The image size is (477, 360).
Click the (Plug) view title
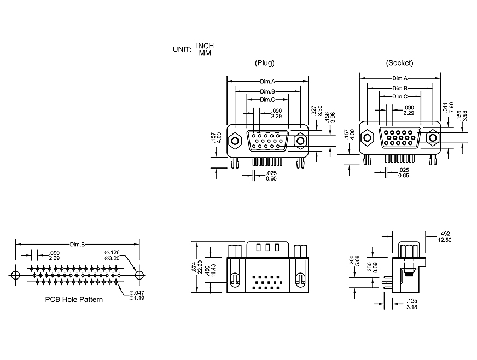pyautogui.click(x=265, y=63)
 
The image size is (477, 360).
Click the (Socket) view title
pyautogui.click(x=399, y=63)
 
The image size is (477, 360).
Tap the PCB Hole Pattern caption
pyautogui.click(x=73, y=299)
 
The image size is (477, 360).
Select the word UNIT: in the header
pyautogui.click(x=182, y=49)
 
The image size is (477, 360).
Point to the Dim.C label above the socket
pyautogui.click(x=399, y=96)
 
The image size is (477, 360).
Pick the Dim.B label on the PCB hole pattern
pyautogui.click(x=77, y=244)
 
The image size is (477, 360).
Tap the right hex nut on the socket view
pyautogui.click(x=433, y=137)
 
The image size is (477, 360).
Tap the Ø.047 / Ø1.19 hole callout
pyautogui.click(x=137, y=296)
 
